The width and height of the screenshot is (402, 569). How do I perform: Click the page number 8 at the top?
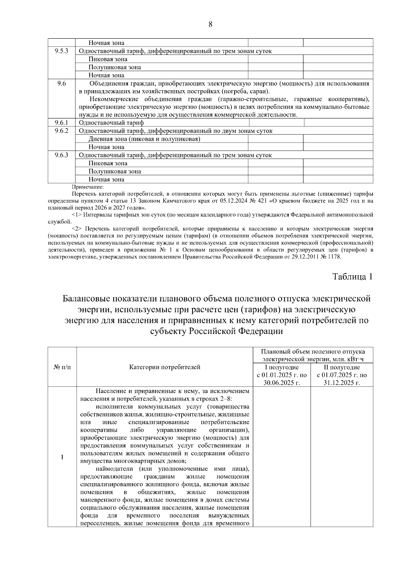tap(210, 24)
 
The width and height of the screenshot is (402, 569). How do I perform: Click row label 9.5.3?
tap(62, 51)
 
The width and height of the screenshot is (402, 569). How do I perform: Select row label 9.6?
tap(62, 83)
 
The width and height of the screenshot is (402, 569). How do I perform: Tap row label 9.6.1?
tap(62, 123)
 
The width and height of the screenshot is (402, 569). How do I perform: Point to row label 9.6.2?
tap(62, 131)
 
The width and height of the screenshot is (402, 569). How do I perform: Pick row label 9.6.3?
tap(62, 155)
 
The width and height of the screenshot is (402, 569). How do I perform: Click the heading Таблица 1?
tap(352, 277)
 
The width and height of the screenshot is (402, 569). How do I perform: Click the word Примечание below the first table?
tap(88, 187)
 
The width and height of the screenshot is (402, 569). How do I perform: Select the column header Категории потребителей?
tap(165, 367)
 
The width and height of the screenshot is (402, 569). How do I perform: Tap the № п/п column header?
tap(62, 367)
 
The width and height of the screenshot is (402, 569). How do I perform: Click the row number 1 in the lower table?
tap(62, 457)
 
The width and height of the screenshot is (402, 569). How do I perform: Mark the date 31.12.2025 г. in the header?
tap(342, 383)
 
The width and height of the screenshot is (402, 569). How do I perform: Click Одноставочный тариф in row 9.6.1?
tap(111, 123)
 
